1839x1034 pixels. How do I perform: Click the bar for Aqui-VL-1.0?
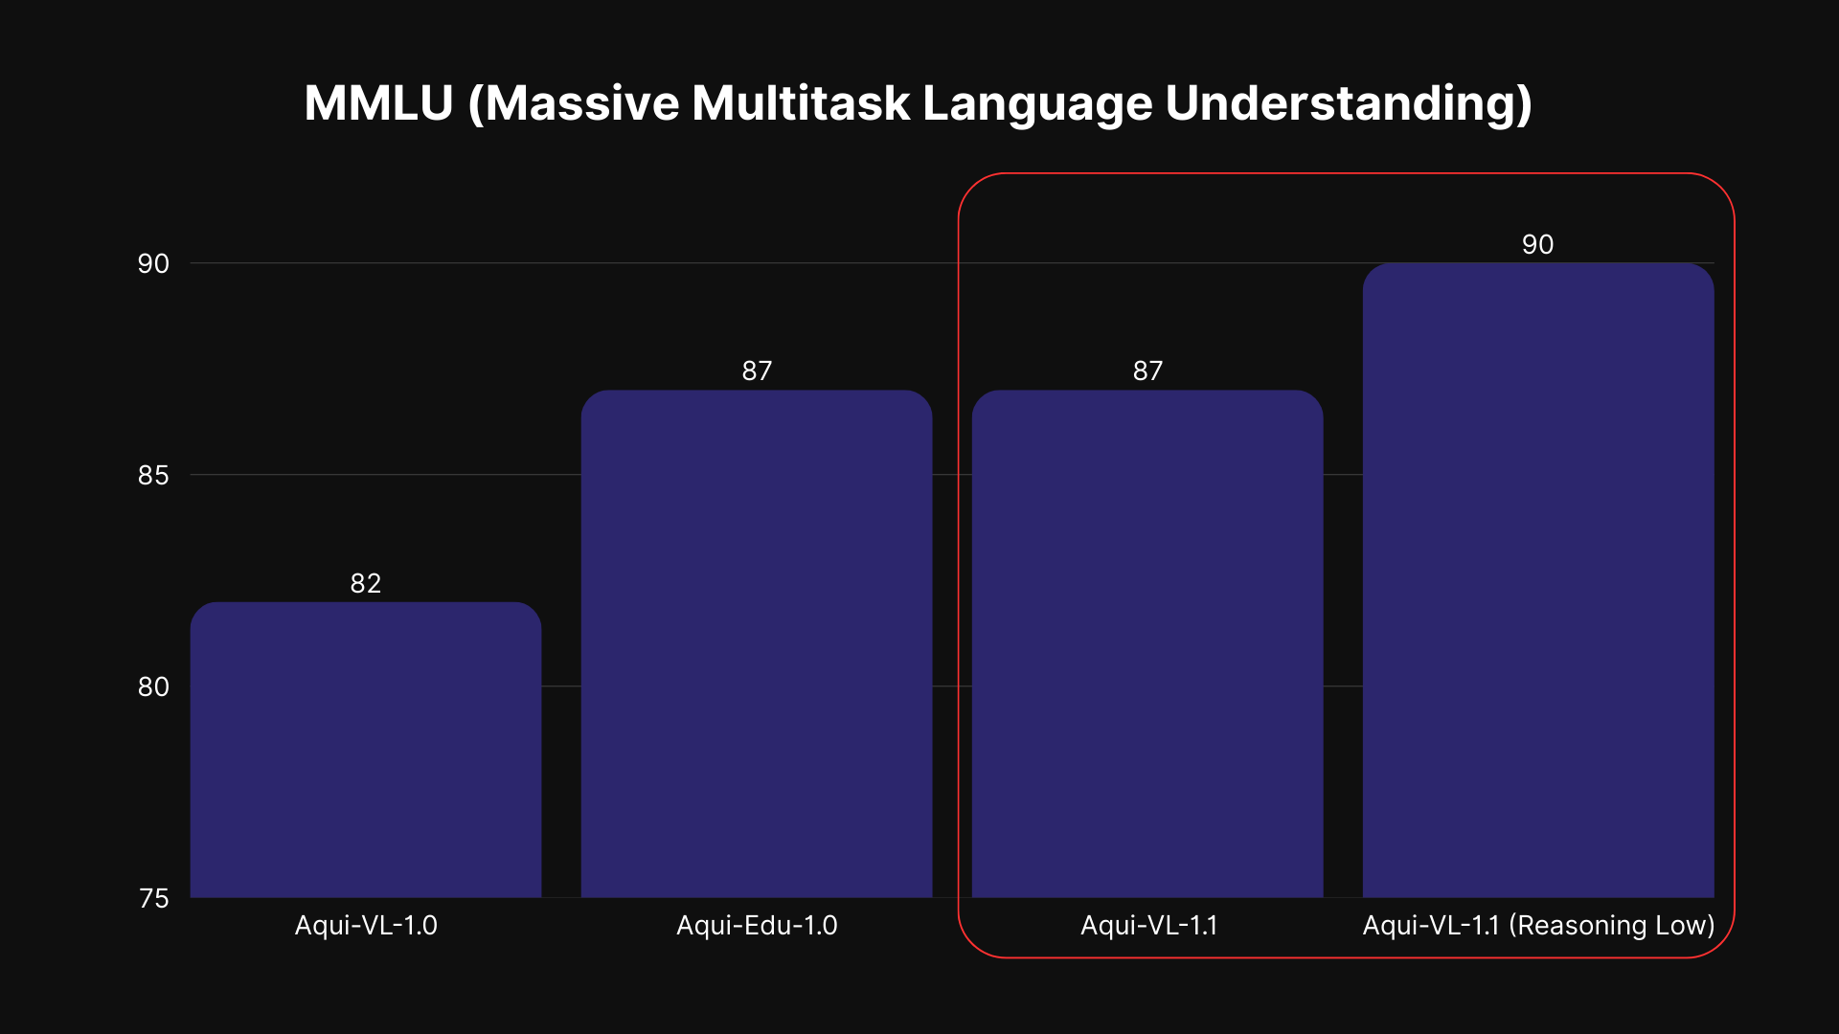click(x=366, y=750)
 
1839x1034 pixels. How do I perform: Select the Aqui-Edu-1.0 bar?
click(x=757, y=643)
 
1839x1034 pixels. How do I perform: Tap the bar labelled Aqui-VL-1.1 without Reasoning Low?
click(x=1147, y=643)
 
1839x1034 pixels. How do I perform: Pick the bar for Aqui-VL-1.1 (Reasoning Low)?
click(x=1538, y=580)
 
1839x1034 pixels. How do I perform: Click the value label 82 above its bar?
click(x=366, y=583)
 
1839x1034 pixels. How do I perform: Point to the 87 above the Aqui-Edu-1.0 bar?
click(x=757, y=371)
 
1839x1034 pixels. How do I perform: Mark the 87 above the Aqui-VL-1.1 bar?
click(x=1147, y=371)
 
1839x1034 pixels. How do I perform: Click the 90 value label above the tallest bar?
click(x=1538, y=244)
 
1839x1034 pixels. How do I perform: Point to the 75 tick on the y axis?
click(x=153, y=898)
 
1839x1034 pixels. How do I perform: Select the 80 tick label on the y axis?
click(x=153, y=686)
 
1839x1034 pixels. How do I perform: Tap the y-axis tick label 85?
click(x=153, y=475)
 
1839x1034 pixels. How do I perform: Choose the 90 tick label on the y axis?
click(x=153, y=263)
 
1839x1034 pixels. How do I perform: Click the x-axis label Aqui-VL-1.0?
click(x=366, y=926)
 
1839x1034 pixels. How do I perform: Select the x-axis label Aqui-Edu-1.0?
click(x=757, y=926)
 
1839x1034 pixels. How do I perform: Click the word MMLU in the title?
click(x=378, y=102)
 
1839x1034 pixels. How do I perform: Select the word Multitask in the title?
click(x=801, y=102)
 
